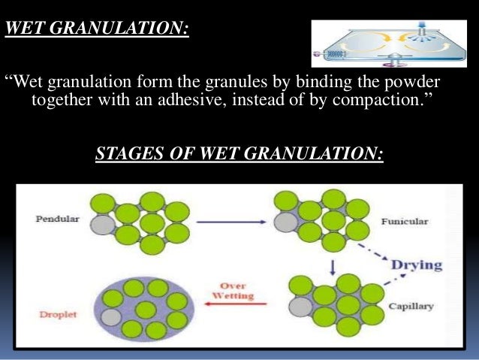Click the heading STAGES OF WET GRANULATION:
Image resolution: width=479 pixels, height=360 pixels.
[239, 154]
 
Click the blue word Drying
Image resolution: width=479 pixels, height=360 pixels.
[416, 265]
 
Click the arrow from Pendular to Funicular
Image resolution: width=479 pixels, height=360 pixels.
[225, 222]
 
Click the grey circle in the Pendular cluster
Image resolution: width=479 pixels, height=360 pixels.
[101, 223]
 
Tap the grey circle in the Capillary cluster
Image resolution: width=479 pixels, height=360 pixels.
[300, 307]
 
